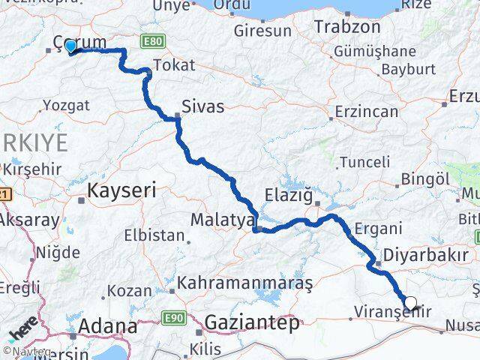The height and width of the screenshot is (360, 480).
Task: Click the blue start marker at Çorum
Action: click(70, 46)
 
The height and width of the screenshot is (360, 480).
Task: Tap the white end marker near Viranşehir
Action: click(410, 303)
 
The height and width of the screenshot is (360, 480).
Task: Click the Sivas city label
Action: click(203, 106)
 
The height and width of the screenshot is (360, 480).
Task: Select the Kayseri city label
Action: click(121, 190)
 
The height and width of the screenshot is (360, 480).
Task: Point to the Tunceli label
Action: click(364, 161)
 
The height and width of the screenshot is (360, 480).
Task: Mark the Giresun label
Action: click(262, 32)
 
